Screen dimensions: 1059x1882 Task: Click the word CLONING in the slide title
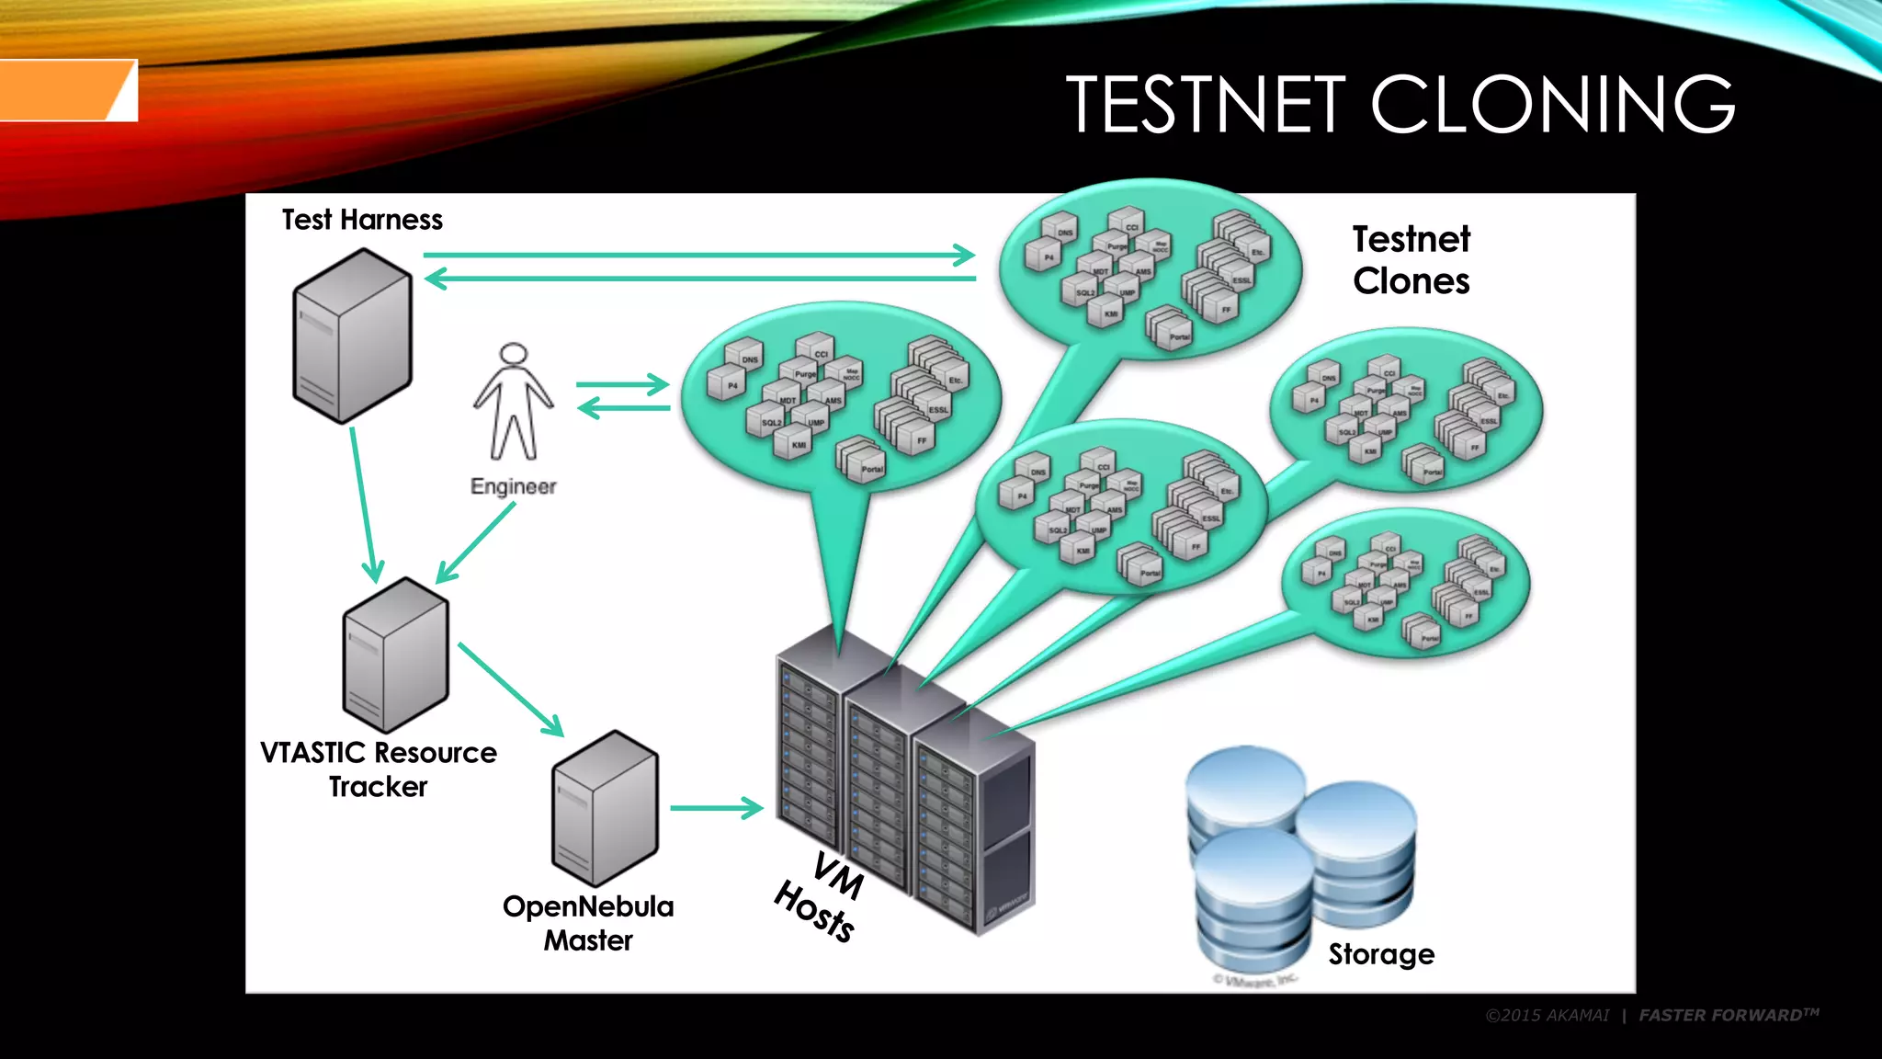(1552, 104)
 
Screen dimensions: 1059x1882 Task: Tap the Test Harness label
(362, 220)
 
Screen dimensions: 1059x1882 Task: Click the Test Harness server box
(352, 336)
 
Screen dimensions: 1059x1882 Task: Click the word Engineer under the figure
(513, 486)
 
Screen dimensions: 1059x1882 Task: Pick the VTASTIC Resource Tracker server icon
(395, 655)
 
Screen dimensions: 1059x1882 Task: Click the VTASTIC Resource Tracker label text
(378, 769)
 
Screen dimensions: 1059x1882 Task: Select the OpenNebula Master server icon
(605, 808)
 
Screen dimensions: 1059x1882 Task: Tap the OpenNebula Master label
(588, 923)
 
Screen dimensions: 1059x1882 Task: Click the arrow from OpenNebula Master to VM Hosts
(716, 808)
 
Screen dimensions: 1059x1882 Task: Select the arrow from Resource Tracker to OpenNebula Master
(510, 689)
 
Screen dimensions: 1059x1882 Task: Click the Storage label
(1380, 954)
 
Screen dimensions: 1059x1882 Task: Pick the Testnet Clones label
(1411, 260)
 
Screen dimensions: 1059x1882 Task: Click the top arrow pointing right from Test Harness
(698, 255)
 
